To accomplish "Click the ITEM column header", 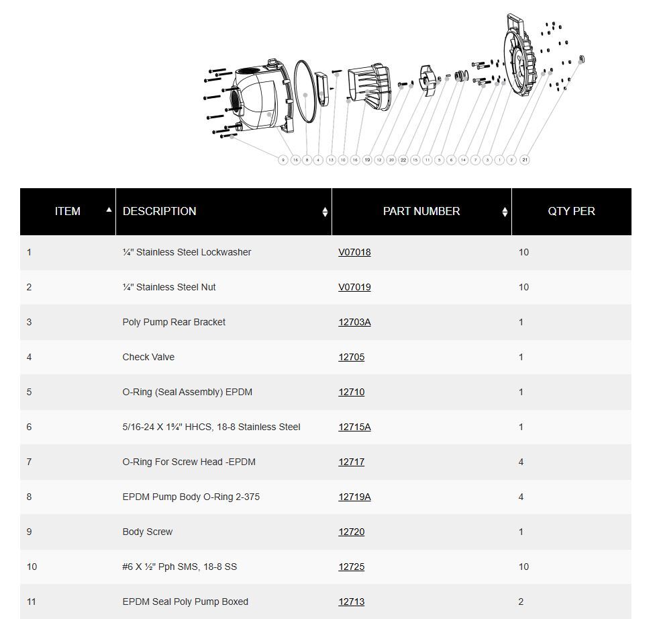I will point(67,211).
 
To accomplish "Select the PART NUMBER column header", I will point(421,211).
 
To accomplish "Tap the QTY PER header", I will point(571,211).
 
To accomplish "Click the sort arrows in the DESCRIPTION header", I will point(325,212).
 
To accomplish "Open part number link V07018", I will point(354,252).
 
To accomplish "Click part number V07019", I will point(354,287).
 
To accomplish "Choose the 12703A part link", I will point(354,322).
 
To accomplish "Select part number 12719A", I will point(354,497).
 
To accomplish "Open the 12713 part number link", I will point(351,602).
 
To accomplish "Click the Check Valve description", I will point(148,357).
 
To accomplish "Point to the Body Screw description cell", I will point(148,532).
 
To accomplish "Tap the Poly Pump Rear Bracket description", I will point(174,322).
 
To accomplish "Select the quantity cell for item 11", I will point(521,602).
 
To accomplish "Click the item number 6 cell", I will point(29,427).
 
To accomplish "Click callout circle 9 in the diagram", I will point(283,160).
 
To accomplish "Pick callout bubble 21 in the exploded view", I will point(524,160).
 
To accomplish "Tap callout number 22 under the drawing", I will point(403,160).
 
